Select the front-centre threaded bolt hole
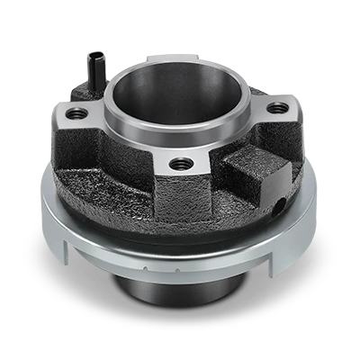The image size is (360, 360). (x=182, y=164)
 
